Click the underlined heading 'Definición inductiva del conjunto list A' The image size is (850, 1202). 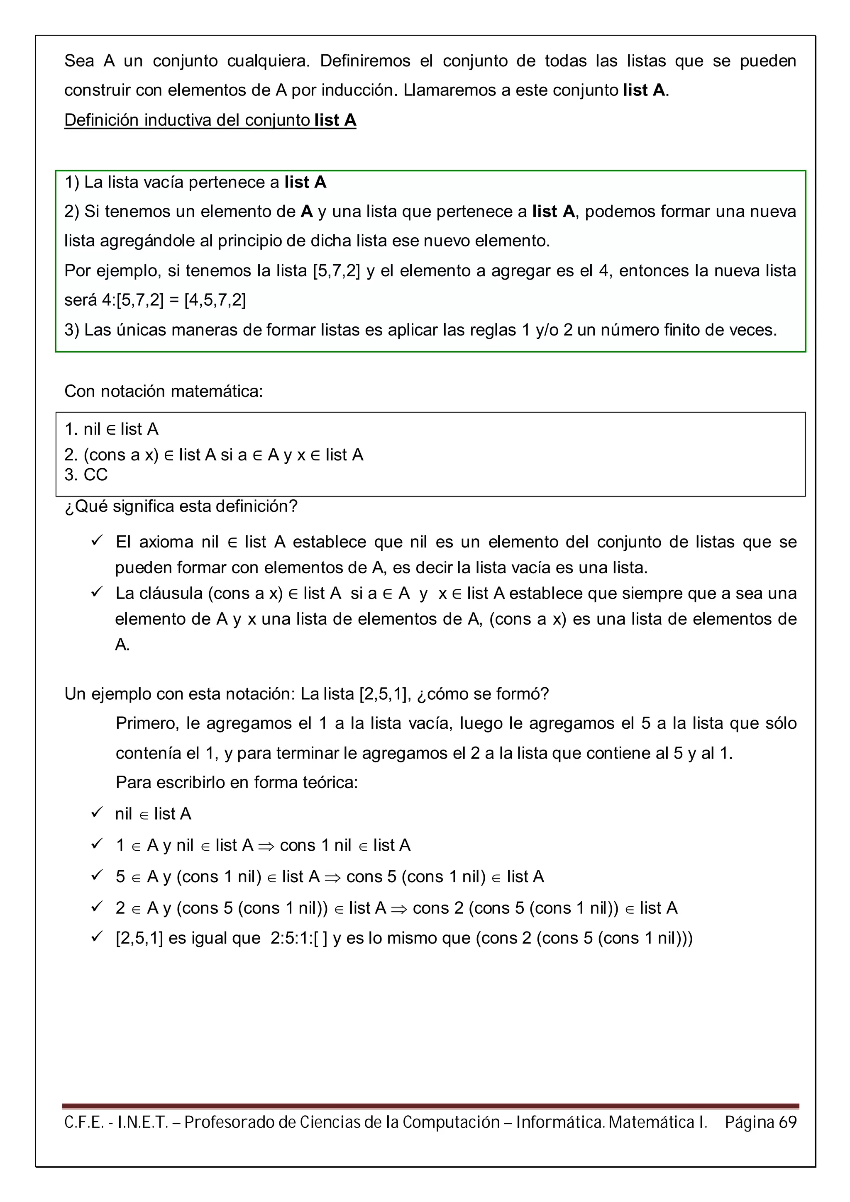point(210,120)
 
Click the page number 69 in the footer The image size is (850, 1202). point(787,1122)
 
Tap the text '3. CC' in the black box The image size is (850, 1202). point(86,474)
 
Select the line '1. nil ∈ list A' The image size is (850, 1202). point(111,429)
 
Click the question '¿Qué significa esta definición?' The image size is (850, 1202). point(181,506)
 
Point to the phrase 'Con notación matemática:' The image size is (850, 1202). point(164,391)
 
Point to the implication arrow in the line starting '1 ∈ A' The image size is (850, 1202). point(266,845)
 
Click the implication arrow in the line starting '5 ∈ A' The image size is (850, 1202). point(332,877)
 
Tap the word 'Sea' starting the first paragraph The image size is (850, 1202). point(79,61)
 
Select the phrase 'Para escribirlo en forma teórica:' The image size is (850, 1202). point(237,782)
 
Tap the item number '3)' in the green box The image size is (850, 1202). point(72,330)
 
